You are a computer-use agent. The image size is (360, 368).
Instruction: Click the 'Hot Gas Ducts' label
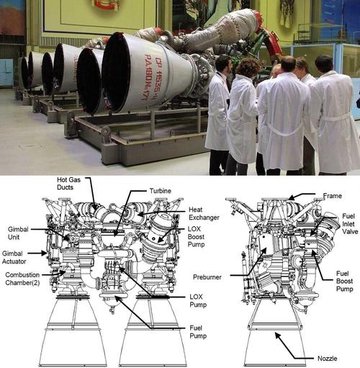(68, 184)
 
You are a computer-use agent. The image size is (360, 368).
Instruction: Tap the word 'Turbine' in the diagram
(161, 191)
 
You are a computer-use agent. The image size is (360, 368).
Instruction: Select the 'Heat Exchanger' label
(204, 214)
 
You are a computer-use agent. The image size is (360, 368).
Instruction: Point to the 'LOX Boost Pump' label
(196, 237)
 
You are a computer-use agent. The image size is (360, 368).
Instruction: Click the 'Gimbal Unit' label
(18, 233)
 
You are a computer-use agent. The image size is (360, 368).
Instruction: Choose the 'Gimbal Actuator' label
(14, 257)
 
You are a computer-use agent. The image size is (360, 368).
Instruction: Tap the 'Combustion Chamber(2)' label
(22, 279)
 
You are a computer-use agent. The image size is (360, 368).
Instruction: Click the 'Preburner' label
(207, 277)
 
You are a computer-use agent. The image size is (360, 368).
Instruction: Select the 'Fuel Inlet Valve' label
(350, 224)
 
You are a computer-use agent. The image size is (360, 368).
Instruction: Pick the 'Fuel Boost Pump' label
(344, 281)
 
